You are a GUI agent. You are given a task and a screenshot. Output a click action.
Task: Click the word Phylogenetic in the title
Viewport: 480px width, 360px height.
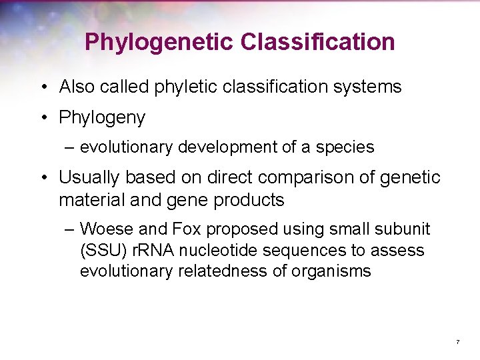coord(160,43)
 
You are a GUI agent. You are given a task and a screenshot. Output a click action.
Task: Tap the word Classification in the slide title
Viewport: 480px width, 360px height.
coord(318,43)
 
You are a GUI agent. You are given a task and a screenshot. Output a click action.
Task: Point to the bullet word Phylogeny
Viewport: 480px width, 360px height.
coord(102,118)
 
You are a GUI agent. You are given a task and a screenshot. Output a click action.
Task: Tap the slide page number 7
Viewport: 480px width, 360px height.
coord(458,342)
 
